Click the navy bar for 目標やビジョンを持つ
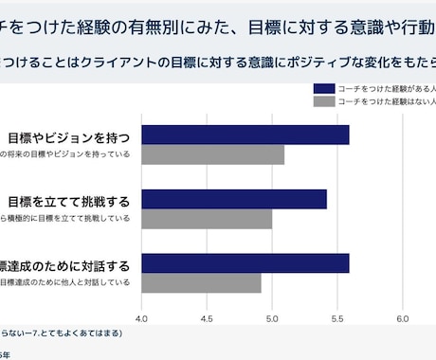245,135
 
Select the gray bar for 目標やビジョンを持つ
212,154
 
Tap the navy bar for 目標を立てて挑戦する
233,199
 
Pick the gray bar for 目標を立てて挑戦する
207,219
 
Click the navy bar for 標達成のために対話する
245,262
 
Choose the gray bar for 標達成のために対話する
201,282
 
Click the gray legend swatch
323,99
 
